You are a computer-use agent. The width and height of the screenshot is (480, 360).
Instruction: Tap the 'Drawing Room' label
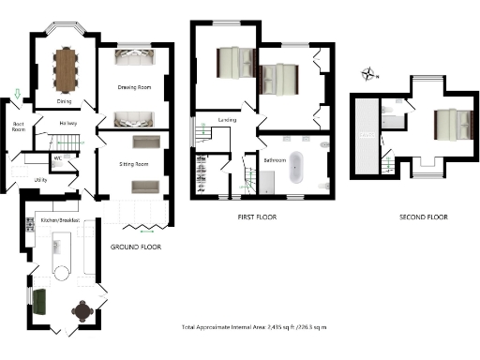pos(134,95)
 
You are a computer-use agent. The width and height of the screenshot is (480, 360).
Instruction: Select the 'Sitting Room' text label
pos(134,164)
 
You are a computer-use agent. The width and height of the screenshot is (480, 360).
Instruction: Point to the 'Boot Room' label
pos(17,128)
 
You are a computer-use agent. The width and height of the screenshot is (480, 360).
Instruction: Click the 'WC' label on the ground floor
pos(58,157)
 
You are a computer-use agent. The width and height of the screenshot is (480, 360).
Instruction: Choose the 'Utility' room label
pos(40,178)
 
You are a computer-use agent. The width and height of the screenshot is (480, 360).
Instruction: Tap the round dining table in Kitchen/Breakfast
pos(84,310)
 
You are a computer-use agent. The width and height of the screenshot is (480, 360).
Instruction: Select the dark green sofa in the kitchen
pos(39,302)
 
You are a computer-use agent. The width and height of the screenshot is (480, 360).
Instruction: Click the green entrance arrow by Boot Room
pos(17,93)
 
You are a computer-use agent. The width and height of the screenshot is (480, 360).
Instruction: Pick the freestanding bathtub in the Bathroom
pos(296,167)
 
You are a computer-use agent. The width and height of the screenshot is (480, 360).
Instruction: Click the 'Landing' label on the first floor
pos(227,120)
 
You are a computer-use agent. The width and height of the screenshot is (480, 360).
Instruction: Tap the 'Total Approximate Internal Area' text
pos(253,327)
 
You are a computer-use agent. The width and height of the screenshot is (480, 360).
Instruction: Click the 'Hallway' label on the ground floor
pos(67,123)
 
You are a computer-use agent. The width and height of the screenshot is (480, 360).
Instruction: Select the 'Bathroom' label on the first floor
pos(276,160)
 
